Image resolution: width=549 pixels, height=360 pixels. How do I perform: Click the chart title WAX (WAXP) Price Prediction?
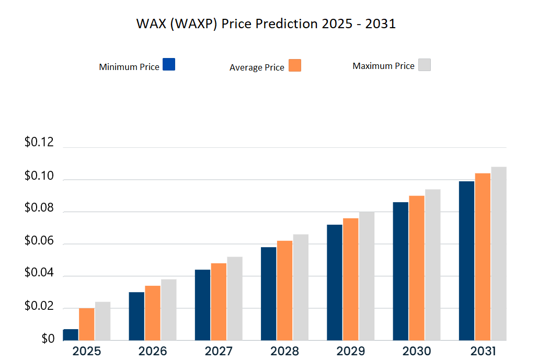coord(266,24)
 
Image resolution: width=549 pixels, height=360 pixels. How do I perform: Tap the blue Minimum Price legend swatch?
coord(169,64)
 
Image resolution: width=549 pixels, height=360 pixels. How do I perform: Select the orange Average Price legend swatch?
coord(295,65)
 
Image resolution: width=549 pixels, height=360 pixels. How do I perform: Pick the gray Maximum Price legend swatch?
coord(424,65)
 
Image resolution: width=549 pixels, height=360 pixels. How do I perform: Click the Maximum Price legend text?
coord(383,66)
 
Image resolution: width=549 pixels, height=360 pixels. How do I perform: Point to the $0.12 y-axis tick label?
coord(39,143)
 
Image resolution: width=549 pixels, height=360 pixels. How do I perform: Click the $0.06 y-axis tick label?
coord(39,241)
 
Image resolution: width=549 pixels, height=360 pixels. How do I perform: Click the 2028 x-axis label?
coord(284,350)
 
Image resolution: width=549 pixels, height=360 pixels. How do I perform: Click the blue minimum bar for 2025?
coord(71,334)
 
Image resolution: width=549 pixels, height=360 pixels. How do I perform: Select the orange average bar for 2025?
coord(87,324)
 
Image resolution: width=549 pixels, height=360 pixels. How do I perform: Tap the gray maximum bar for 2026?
coord(168,309)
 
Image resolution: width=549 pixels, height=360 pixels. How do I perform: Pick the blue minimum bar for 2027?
coord(202,305)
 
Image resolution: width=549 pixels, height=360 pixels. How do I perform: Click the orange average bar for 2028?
coord(284,290)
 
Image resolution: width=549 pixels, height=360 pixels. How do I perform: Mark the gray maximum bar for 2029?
coord(366,275)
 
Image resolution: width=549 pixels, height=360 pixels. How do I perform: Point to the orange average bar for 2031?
coord(483,256)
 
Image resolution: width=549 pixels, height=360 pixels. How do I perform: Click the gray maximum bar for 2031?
coord(498,253)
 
